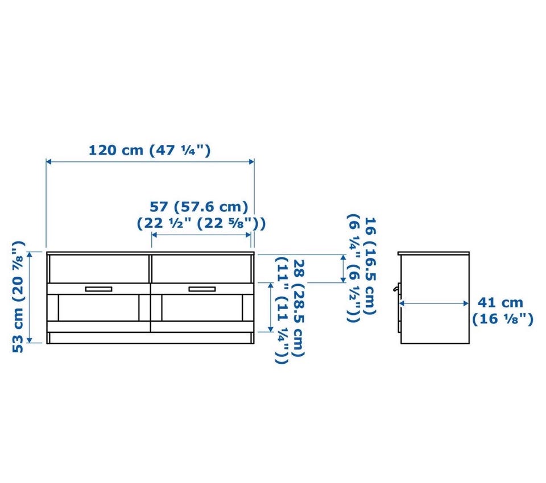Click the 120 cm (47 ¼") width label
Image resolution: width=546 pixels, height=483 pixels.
pos(150,151)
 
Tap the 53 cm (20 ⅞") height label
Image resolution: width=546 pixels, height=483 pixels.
pos(18,297)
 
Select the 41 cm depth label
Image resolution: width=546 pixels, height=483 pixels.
pos(500,302)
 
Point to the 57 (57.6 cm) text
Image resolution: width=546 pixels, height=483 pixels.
pos(199,207)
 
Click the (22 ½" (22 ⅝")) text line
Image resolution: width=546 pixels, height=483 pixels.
pos(201,223)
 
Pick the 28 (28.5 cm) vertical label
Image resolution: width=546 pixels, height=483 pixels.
pos(299,309)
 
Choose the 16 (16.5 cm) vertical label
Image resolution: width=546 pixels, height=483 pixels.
pos(370,266)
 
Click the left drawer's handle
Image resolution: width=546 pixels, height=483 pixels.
pos(98,289)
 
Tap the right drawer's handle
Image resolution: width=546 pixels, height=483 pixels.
pos(202,289)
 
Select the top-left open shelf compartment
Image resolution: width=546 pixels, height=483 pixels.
pos(99,269)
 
